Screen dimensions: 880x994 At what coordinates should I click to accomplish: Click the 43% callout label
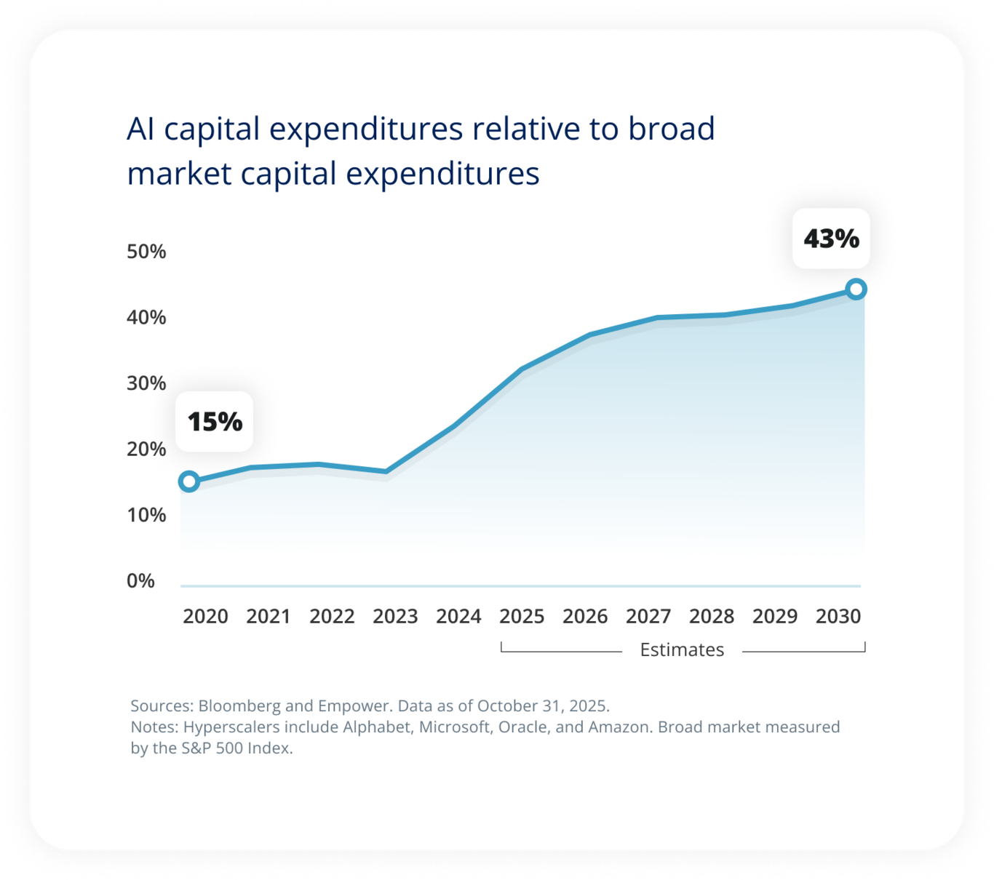point(831,239)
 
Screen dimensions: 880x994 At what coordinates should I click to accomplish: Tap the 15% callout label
point(215,422)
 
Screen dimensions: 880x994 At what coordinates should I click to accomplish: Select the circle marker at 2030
point(856,289)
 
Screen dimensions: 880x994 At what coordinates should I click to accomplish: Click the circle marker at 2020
point(189,481)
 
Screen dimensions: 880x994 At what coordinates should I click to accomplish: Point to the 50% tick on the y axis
point(146,252)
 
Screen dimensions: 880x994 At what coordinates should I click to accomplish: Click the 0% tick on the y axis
point(140,581)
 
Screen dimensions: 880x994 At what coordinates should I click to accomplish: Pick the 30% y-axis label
point(146,383)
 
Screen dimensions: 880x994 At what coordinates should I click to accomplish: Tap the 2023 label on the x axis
point(395,617)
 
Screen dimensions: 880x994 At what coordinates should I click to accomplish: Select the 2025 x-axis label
point(522,617)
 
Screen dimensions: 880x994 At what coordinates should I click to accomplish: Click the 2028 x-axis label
point(712,617)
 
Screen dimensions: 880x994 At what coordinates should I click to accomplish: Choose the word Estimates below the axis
point(682,649)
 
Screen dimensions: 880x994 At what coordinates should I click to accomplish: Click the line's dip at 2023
point(386,472)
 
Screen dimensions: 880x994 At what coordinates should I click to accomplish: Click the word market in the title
point(178,175)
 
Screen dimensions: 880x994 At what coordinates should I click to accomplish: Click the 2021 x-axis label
point(269,617)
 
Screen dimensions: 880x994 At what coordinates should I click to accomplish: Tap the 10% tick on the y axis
point(146,515)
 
